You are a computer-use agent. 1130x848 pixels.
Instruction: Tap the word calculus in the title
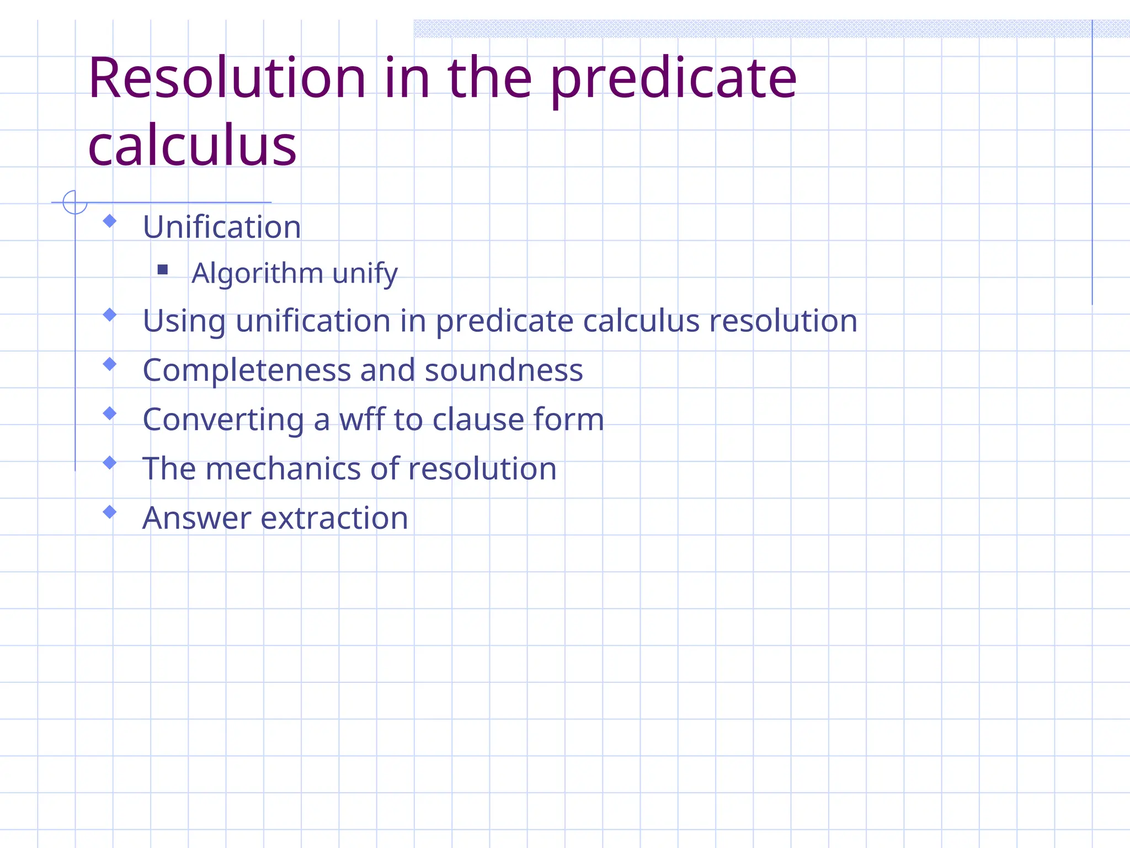pyautogui.click(x=192, y=146)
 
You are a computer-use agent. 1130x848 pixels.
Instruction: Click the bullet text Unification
pyautogui.click(x=222, y=227)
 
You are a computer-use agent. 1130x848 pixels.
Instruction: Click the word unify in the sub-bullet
pyautogui.click(x=365, y=273)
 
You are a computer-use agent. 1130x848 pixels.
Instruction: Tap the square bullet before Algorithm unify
pyautogui.click(x=163, y=269)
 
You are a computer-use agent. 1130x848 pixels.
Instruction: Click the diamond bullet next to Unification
pyautogui.click(x=110, y=221)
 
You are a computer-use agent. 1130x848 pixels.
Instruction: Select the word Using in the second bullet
pyautogui.click(x=184, y=321)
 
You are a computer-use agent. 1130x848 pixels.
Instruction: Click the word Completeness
pyautogui.click(x=247, y=370)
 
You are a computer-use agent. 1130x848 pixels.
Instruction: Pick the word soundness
pyautogui.click(x=504, y=370)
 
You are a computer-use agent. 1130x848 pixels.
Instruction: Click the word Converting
pyautogui.click(x=223, y=420)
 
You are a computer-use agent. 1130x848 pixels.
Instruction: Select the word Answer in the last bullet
pyautogui.click(x=197, y=518)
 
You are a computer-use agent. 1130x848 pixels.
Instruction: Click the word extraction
pyautogui.click(x=334, y=518)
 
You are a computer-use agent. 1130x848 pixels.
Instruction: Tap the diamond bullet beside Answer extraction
pyautogui.click(x=110, y=512)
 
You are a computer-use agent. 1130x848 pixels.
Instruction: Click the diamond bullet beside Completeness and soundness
pyautogui.click(x=110, y=364)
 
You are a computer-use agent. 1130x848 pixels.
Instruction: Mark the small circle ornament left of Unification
pyautogui.click(x=74, y=202)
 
